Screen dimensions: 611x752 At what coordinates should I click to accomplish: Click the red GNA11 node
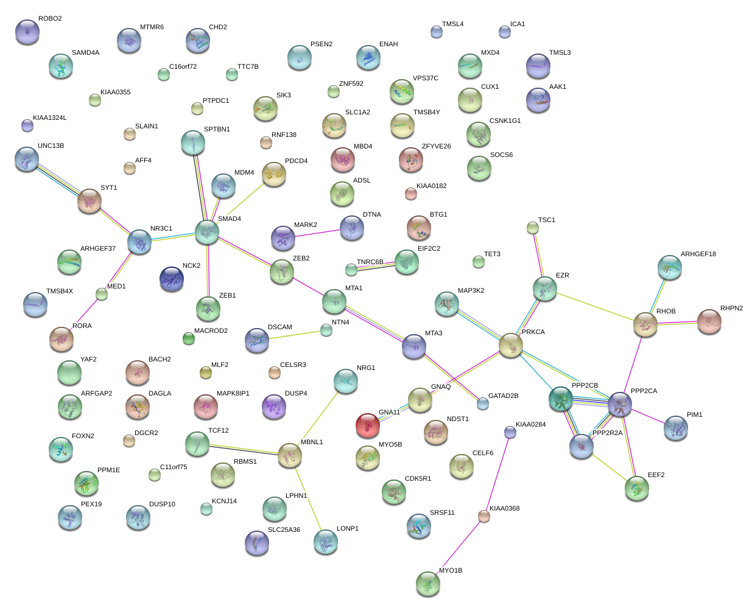coord(368,425)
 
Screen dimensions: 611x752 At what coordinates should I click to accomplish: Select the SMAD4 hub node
coord(207,232)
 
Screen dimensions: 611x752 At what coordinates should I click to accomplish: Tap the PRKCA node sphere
coord(510,346)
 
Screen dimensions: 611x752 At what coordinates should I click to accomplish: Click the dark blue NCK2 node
coord(172,279)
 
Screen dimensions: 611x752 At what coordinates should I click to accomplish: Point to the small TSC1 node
coord(533,228)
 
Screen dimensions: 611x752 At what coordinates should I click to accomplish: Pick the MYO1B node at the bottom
coord(428,583)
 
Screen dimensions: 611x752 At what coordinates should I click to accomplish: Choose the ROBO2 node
coord(27,32)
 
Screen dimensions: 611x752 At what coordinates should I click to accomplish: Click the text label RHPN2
coord(731,308)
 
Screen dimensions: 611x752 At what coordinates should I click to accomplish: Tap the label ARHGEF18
coord(698,254)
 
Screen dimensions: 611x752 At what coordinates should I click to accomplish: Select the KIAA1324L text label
coord(50,117)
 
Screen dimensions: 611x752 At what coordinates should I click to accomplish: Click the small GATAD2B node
coord(483,403)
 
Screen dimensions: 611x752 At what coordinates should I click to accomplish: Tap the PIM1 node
coord(675,428)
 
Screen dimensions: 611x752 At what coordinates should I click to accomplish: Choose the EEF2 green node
coord(637,487)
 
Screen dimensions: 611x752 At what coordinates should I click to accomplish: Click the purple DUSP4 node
coord(273,407)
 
